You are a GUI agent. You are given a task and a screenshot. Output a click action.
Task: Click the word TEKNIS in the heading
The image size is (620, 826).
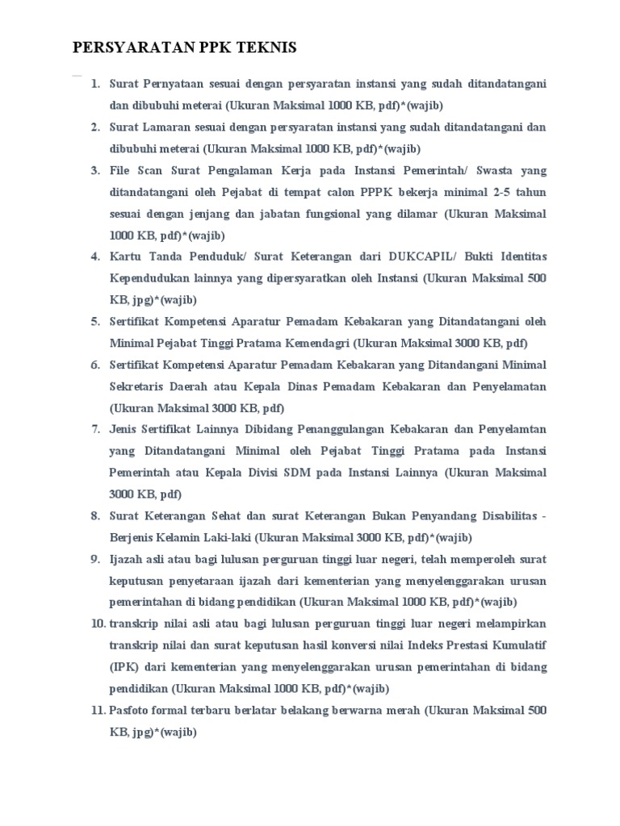point(266,48)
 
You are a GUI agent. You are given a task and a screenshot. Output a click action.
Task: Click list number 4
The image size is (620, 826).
point(94,257)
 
